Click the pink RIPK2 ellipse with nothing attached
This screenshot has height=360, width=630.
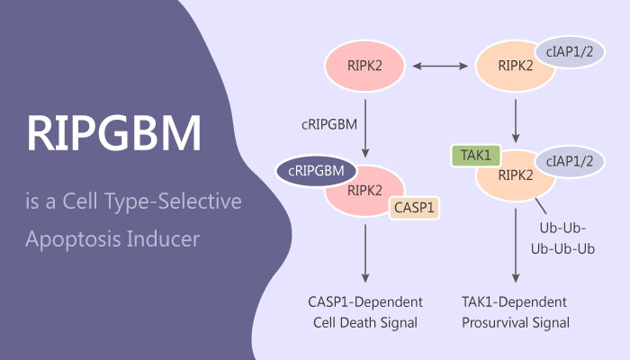[x=364, y=65]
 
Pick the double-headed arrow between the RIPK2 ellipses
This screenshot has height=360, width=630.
[x=440, y=66]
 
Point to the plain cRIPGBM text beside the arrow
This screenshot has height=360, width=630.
[x=320, y=122]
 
